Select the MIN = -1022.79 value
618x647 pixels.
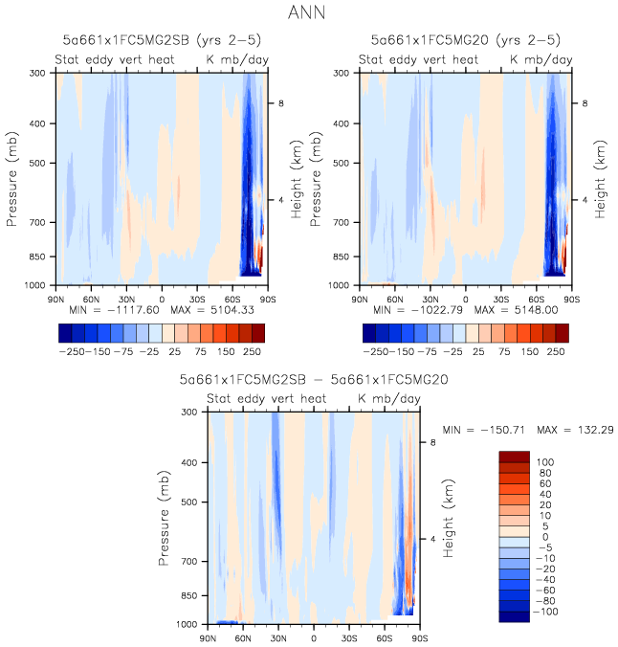(413, 310)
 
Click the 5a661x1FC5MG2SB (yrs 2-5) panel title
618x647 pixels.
(160, 40)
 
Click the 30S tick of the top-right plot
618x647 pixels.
(501, 298)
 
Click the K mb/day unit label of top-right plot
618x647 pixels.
(541, 59)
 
